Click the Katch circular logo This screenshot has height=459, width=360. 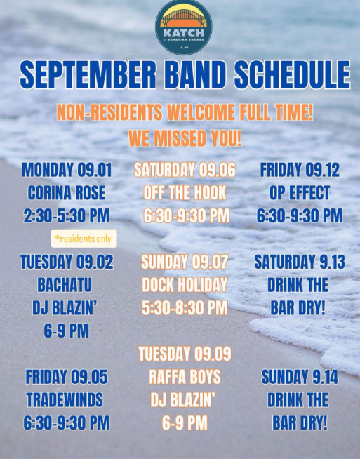click(184, 27)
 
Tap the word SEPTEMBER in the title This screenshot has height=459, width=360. click(88, 75)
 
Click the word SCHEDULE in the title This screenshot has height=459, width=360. click(293, 75)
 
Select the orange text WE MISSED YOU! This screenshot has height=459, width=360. click(185, 138)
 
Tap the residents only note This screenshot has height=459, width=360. click(84, 239)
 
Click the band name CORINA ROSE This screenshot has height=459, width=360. click(67, 193)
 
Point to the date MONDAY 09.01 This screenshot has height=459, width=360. click(67, 170)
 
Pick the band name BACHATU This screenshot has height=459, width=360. click(65, 285)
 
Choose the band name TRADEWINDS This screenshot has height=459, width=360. click(65, 400)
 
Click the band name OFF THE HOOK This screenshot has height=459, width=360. click(185, 193)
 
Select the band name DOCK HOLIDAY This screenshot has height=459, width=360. click(185, 285)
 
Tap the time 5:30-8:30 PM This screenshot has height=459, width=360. click(185, 308)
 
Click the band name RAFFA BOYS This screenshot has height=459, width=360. click(185, 377)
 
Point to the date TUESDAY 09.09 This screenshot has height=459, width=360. click(185, 354)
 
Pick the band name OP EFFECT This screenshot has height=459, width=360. click(300, 193)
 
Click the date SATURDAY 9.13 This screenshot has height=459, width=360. click(300, 262)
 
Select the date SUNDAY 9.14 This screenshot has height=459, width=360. click(300, 377)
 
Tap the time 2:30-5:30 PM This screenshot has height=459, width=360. click(67, 216)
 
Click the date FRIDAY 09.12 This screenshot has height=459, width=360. click(300, 170)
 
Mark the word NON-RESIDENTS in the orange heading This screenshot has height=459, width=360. click(109, 112)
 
